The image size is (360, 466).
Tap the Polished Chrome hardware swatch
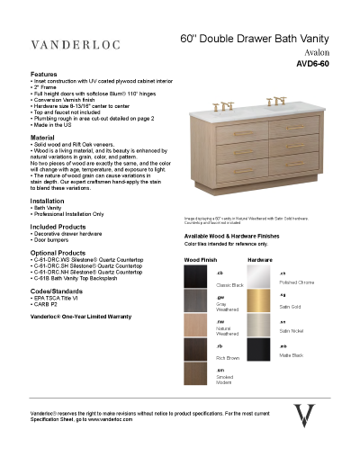click(x=261, y=277)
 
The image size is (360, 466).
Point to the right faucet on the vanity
click(x=277, y=101)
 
